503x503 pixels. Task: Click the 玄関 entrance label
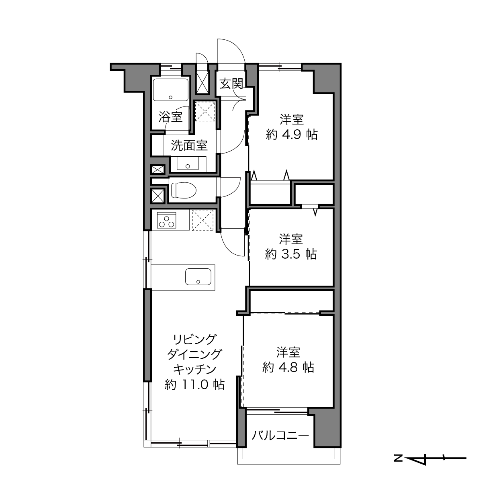coord(231,84)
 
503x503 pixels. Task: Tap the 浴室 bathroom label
coord(170,117)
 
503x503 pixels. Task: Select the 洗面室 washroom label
coord(189,145)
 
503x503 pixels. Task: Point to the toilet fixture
coord(183,190)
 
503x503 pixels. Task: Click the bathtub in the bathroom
coord(171,90)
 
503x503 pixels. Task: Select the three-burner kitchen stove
coord(166,220)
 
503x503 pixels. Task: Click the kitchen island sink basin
coord(198,277)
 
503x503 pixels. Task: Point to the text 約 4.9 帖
coord(292,135)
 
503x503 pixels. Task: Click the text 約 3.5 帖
coord(291,254)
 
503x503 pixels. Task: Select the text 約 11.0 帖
coord(194,384)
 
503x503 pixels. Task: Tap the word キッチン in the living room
coord(194,369)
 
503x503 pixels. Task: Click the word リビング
coord(194,339)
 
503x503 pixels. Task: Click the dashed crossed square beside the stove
coord(203,220)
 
